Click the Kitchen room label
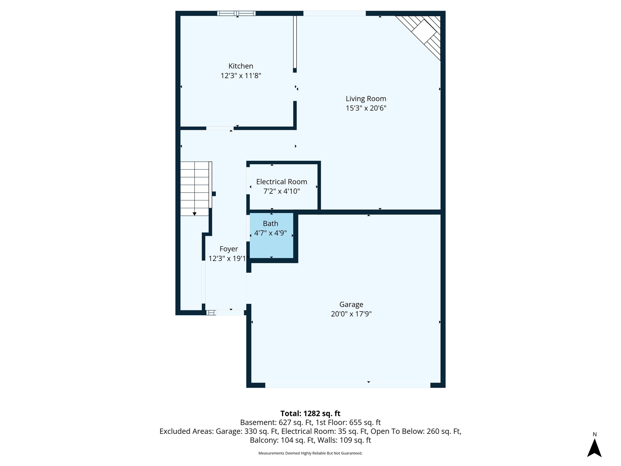tap(240, 66)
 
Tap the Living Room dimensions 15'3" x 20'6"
tap(366, 108)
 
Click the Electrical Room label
tap(281, 182)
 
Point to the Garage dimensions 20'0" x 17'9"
tap(351, 314)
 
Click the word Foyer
tap(229, 249)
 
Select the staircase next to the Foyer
tap(195, 188)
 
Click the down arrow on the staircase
tap(194, 214)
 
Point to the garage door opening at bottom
tap(347, 385)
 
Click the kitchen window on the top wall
tap(236, 13)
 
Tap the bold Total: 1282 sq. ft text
tap(310, 413)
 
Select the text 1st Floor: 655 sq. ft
tap(348, 422)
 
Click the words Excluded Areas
tap(186, 431)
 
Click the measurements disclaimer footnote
tap(310, 453)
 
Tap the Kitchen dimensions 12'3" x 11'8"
tap(240, 76)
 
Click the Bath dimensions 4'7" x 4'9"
tap(270, 233)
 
